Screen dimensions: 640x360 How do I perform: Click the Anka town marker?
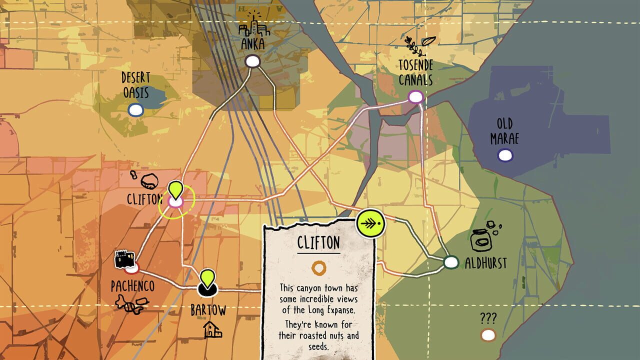coord(252,61)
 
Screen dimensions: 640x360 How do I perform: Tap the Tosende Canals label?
coord(415,72)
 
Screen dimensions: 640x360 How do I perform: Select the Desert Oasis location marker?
coord(135,109)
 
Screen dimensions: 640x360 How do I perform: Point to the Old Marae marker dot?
coord(505,155)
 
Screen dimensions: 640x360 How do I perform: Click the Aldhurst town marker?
coord(451,262)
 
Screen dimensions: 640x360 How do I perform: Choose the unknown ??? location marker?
coord(488,335)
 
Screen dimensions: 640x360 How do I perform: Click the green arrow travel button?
coord(371,224)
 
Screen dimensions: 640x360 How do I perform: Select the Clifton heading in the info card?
coord(318,243)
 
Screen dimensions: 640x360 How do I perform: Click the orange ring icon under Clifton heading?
coord(318,268)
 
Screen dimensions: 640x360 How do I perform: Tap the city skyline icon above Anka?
coord(253,24)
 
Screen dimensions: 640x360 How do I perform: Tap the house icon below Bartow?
coord(212,329)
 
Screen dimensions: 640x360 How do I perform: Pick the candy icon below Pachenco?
coord(131,303)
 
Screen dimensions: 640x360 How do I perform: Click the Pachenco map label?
coord(132,286)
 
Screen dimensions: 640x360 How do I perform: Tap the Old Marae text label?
coord(504,131)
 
